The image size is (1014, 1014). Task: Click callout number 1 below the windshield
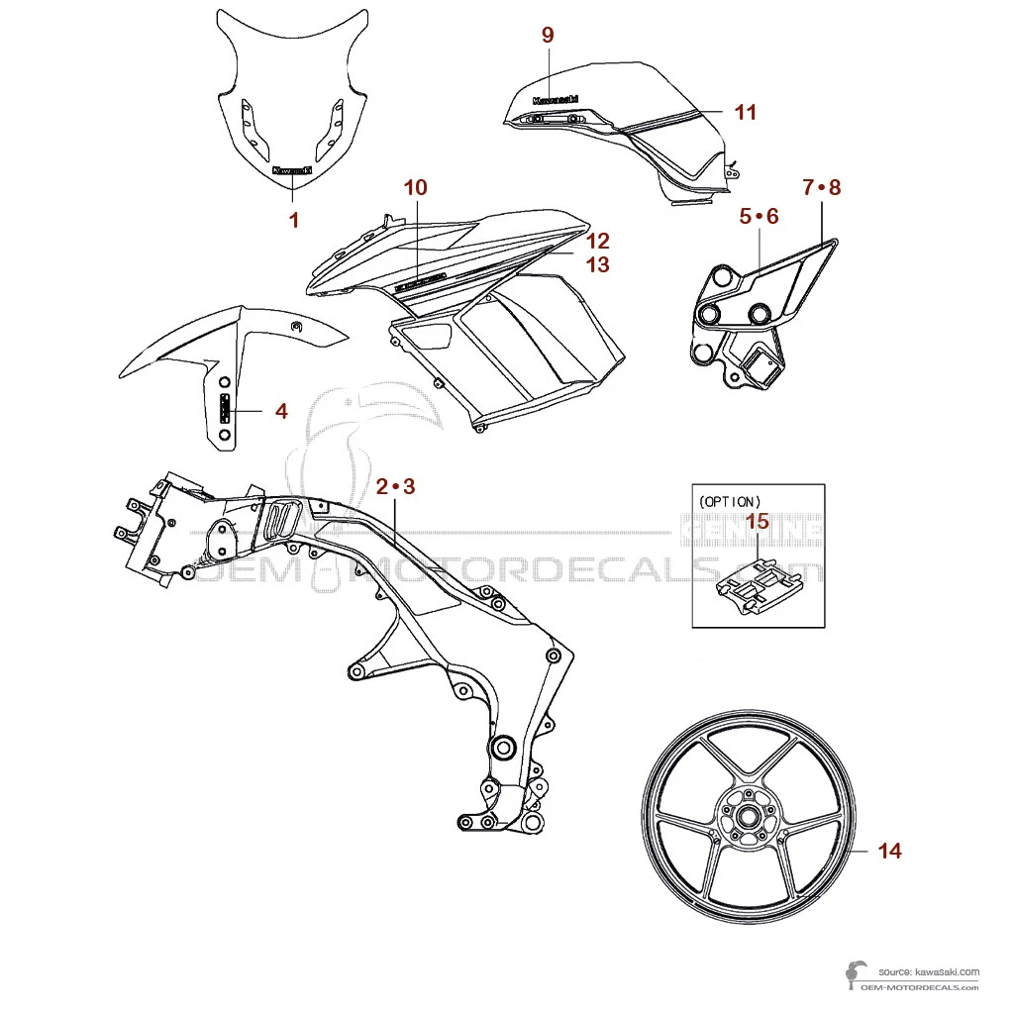click(x=293, y=220)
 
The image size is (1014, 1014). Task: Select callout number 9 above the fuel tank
click(x=548, y=35)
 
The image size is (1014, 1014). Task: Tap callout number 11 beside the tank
click(x=746, y=112)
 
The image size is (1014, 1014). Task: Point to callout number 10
click(x=416, y=187)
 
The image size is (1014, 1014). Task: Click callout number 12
click(x=597, y=241)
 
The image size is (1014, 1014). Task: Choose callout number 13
click(x=597, y=265)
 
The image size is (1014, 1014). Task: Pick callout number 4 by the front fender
click(x=281, y=410)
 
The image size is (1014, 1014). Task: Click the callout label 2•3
click(x=396, y=486)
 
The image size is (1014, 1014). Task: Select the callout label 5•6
click(x=760, y=216)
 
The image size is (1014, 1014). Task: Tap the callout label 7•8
click(x=821, y=187)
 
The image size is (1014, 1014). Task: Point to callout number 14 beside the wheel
click(x=890, y=851)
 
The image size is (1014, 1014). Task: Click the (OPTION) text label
click(x=730, y=501)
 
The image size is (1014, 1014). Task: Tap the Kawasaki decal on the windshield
click(x=292, y=169)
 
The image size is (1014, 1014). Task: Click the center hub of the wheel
click(x=745, y=817)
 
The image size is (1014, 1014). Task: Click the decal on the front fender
click(x=225, y=408)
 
